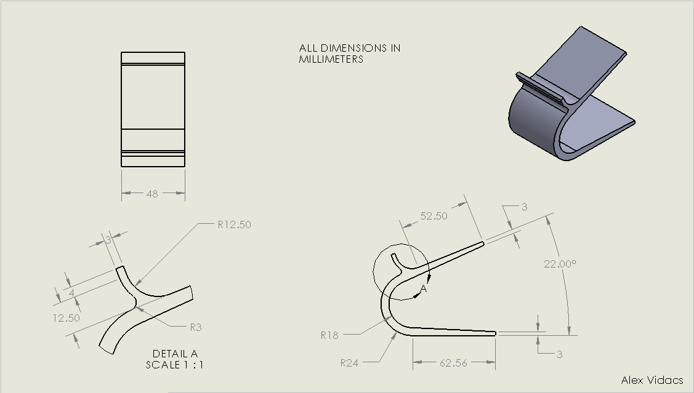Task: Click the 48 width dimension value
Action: coord(152,194)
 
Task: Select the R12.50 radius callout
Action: coord(234,224)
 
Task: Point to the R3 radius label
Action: coord(196,327)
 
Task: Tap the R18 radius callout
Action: coord(329,335)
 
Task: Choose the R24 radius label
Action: coord(349,363)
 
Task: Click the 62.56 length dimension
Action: coord(453,363)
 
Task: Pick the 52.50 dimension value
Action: coord(434,216)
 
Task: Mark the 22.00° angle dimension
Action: coord(560,264)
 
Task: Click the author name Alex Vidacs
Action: coord(652,379)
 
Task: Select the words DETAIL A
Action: coord(175,354)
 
